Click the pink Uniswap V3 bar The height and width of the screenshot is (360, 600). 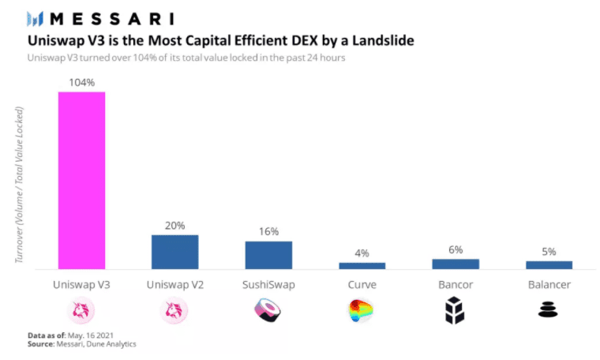[x=81, y=180]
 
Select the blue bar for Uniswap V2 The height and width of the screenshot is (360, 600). [x=174, y=252]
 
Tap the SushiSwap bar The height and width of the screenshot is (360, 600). [x=268, y=255]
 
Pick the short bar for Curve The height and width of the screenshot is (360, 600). [x=362, y=265]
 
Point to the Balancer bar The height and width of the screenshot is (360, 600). [x=549, y=264]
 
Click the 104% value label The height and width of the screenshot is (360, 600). [x=81, y=82]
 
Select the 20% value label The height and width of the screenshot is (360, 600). [x=174, y=225]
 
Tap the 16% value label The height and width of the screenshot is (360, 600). [x=268, y=232]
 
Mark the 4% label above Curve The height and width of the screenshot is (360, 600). [x=362, y=253]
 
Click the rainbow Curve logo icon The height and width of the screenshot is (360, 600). [x=362, y=312]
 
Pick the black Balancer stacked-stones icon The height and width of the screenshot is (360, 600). [x=549, y=311]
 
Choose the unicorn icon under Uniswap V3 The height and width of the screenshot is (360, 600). [x=81, y=312]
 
